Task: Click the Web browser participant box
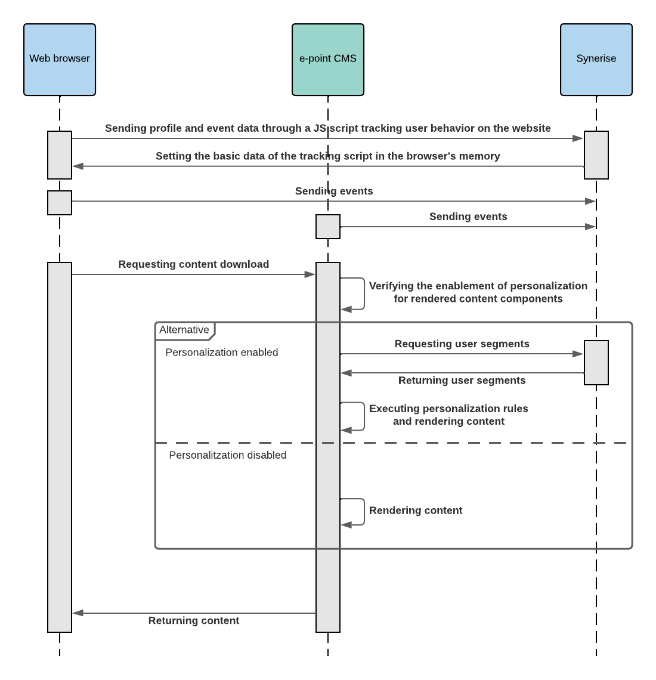[60, 59]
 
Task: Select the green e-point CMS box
[328, 59]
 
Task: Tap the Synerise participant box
[596, 59]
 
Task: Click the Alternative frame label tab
[184, 330]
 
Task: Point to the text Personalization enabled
[221, 353]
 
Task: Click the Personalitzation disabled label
[227, 455]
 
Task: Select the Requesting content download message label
[193, 264]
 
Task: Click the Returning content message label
[193, 620]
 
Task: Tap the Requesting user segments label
[462, 344]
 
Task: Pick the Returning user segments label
[462, 381]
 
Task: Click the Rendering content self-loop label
[416, 511]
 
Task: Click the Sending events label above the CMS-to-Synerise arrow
[468, 217]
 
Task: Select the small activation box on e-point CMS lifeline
[328, 227]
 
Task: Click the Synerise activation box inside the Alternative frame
[596, 363]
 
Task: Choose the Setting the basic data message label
[327, 156]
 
